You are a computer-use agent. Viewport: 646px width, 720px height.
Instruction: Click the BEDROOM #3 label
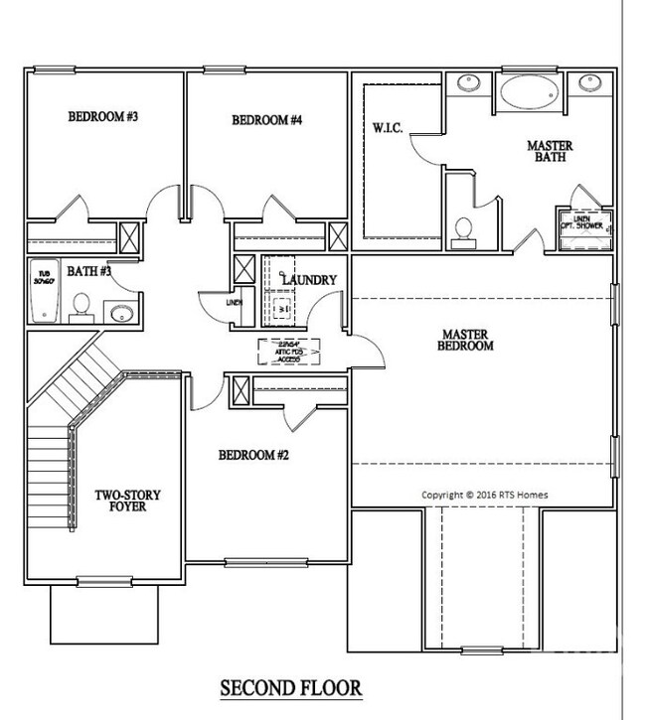click(x=102, y=117)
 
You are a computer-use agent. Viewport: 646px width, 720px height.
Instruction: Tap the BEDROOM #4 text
click(x=266, y=121)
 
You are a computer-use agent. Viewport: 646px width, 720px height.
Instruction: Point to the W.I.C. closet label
click(x=388, y=128)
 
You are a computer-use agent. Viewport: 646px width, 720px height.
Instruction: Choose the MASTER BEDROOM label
click(x=465, y=340)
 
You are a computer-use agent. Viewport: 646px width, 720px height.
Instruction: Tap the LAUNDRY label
click(x=310, y=281)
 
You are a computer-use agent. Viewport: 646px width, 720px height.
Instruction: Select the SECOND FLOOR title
click(x=290, y=687)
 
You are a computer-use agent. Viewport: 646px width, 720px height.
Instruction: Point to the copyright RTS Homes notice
click(x=484, y=495)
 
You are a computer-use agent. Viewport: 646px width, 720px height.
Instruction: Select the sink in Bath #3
click(x=121, y=314)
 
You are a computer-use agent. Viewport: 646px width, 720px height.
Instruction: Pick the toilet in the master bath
click(x=461, y=230)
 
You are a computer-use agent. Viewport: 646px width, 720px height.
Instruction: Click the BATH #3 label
click(x=89, y=270)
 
